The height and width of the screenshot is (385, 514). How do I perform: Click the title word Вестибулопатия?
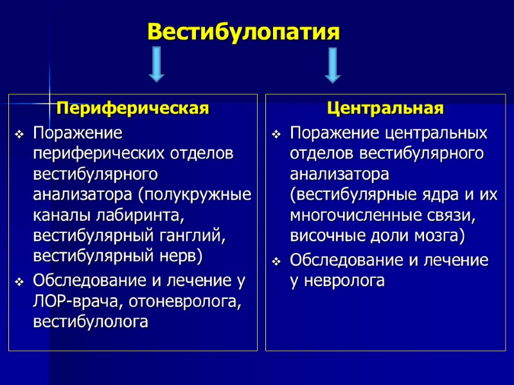tap(243, 31)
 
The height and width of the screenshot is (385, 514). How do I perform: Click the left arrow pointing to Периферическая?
tap(156, 65)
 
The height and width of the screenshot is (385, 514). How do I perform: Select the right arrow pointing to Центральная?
tap(332, 65)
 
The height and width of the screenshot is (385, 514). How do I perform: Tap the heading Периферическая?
tap(133, 108)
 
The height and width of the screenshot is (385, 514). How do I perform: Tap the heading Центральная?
tap(385, 108)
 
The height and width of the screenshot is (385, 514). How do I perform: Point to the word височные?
tap(322, 236)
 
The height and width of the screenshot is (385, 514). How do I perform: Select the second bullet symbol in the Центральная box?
tap(276, 261)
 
